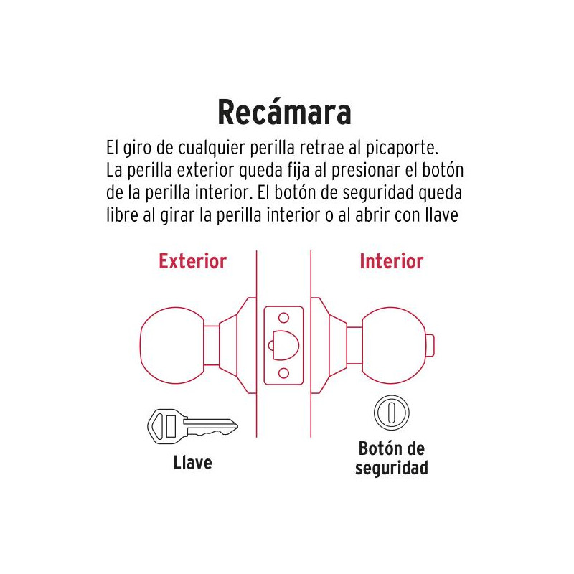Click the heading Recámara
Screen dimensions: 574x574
click(x=284, y=112)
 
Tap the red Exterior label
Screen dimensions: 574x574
click(x=192, y=261)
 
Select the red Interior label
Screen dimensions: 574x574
click(x=391, y=261)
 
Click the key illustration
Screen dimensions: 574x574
click(x=192, y=426)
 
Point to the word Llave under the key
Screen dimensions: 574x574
click(x=192, y=463)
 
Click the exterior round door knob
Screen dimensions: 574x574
click(x=171, y=345)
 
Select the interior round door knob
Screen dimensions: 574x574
click(x=394, y=345)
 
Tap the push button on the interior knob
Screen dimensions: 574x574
click(x=430, y=345)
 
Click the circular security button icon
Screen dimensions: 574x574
click(x=391, y=413)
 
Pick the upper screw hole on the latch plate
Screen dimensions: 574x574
click(x=283, y=318)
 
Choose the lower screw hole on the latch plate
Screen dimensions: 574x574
click(x=283, y=373)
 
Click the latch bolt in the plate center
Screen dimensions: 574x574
click(x=284, y=345)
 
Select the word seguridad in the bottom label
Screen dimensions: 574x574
click(x=391, y=469)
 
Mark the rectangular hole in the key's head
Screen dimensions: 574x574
click(x=171, y=426)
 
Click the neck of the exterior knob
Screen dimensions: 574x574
click(x=211, y=345)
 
